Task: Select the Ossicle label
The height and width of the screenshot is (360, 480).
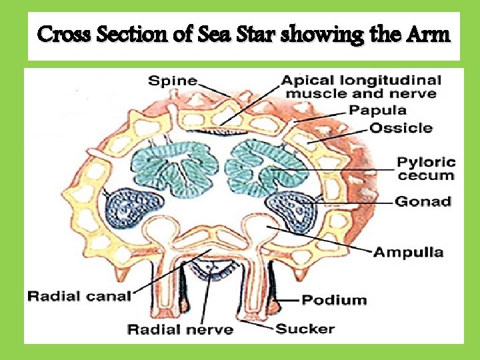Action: [x=401, y=128]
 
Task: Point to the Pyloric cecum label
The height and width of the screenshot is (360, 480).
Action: [x=427, y=169]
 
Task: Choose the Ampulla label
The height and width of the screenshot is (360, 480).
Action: [x=408, y=252]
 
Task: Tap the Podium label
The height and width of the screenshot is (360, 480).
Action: [x=334, y=300]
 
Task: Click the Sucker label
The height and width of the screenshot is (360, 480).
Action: [x=305, y=328]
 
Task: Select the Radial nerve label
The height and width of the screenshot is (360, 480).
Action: [x=181, y=329]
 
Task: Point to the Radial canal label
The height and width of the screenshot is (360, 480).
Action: [x=79, y=295]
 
